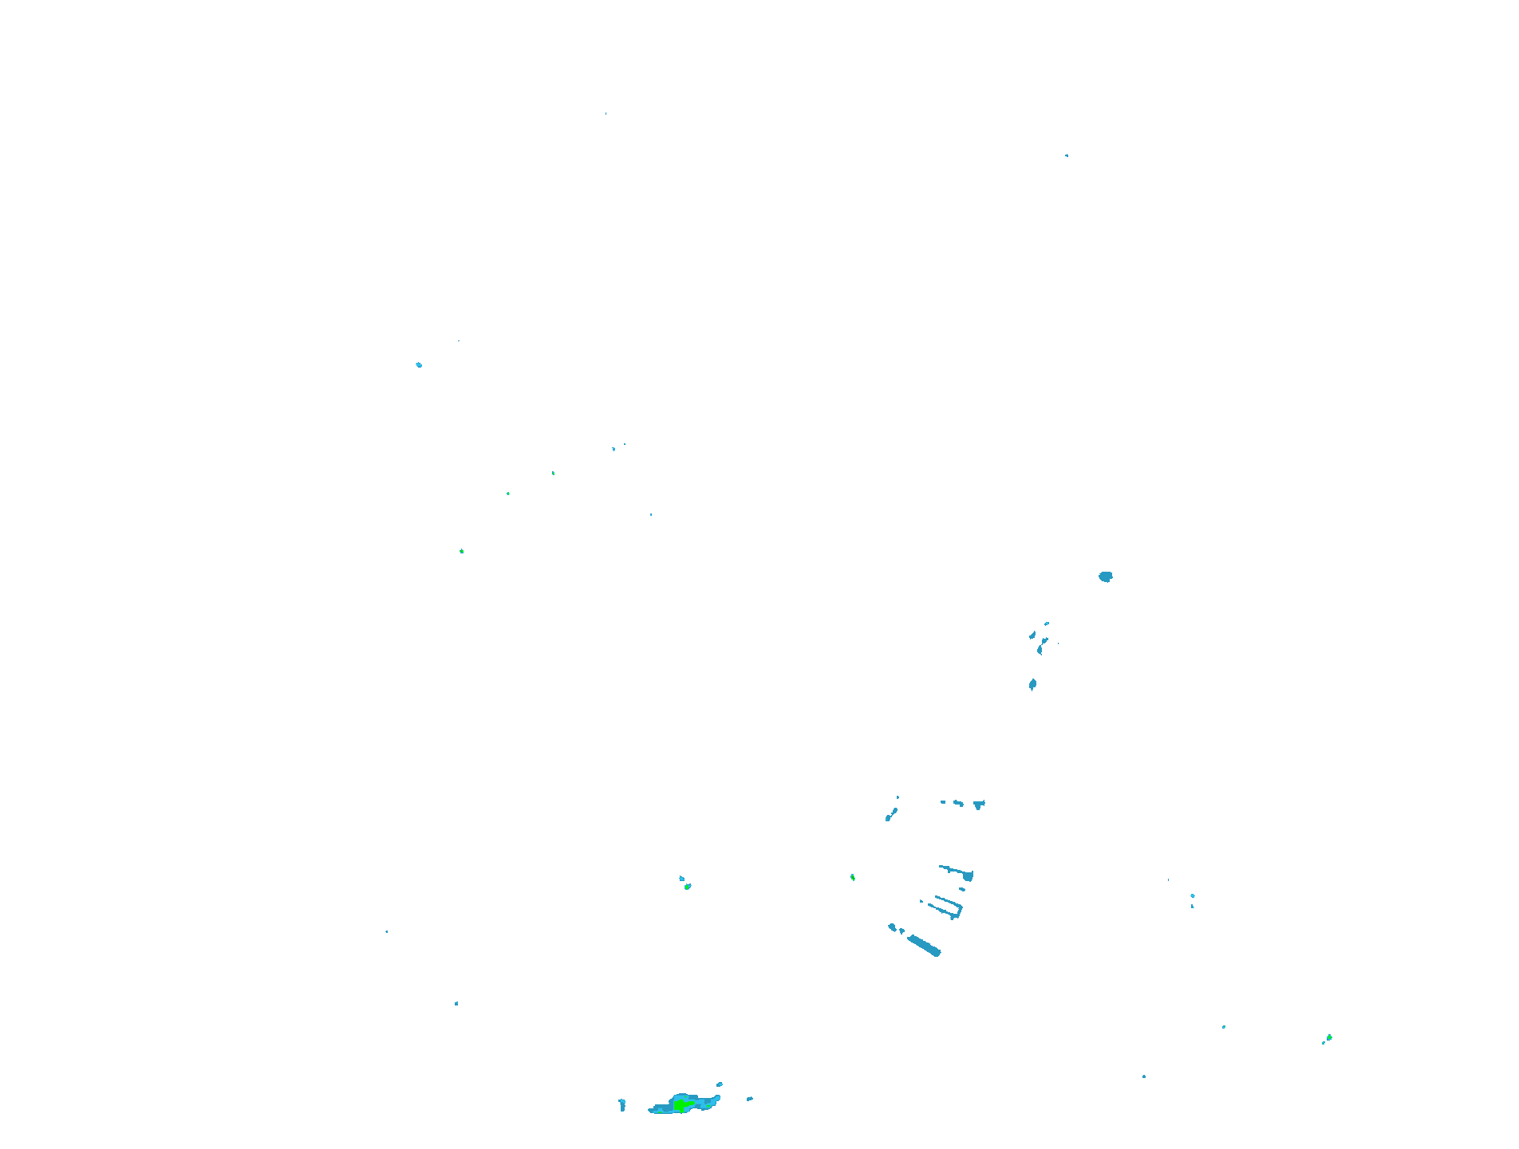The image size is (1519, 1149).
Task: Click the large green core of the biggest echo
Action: coord(681,1104)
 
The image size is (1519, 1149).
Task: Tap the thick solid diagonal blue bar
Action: coord(925,946)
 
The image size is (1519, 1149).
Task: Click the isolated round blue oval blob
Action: coord(1105,576)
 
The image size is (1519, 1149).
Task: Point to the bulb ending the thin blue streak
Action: coord(968,876)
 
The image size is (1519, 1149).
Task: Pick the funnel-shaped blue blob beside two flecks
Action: coord(979,805)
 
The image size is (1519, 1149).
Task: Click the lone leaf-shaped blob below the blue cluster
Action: coord(1032,684)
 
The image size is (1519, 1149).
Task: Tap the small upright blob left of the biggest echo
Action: coord(622,1104)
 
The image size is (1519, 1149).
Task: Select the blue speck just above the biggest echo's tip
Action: coord(719,1084)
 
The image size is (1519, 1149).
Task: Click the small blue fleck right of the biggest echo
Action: coord(749,1099)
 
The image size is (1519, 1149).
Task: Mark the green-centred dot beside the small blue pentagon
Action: coord(688,886)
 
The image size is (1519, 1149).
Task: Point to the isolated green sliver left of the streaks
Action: coord(853,877)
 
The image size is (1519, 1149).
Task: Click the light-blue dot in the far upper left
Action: coord(419,365)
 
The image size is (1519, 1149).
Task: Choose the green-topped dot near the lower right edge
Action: coord(1328,1037)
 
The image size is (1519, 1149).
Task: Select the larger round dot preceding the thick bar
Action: coord(892,927)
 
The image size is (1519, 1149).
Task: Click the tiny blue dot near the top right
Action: coord(1067,155)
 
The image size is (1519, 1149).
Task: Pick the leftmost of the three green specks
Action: coord(461,551)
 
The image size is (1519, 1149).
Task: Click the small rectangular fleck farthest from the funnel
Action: coord(942,801)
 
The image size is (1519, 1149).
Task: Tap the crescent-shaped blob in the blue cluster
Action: coord(1040,649)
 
